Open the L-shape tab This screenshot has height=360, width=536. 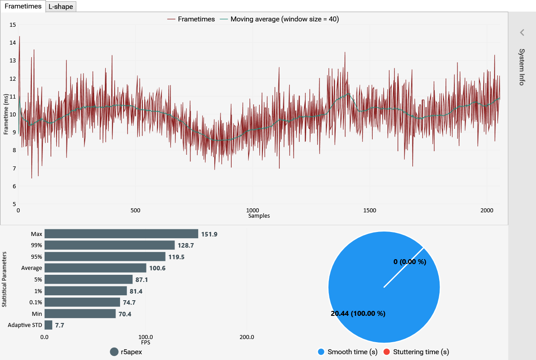tap(61, 7)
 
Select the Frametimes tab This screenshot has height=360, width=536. tap(23, 6)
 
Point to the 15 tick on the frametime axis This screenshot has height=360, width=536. tap(12, 25)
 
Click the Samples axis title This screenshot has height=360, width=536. tap(259, 216)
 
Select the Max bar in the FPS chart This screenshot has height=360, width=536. tap(121, 234)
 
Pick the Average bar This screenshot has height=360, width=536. tap(95, 268)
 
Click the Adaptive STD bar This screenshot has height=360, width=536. tap(48, 325)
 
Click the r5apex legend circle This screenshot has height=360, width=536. tap(114, 352)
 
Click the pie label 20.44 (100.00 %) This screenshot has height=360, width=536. tap(358, 314)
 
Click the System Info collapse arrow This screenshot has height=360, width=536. tap(522, 33)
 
